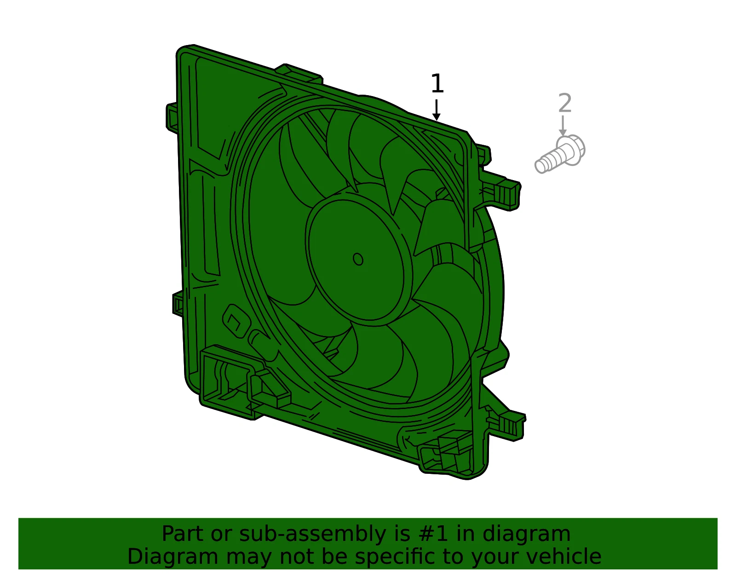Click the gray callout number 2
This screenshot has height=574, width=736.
coord(565,103)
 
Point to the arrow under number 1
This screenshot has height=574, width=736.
coord(437,110)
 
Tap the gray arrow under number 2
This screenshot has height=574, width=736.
coord(563,125)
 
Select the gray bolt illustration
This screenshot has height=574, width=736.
coord(560,154)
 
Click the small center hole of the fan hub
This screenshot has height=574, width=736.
coord(358,259)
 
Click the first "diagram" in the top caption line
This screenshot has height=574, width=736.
coord(526,534)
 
